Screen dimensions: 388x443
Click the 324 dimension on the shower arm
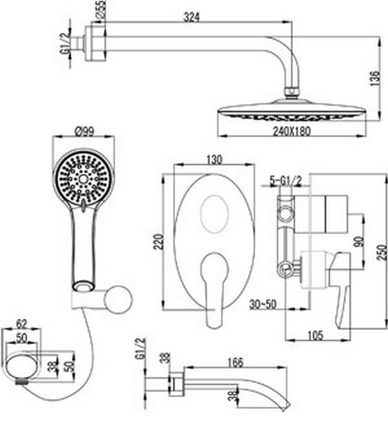click(x=191, y=17)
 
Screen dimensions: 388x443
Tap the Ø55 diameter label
click(x=101, y=10)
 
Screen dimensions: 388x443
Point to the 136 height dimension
click(x=375, y=78)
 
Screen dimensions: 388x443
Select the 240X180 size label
click(x=292, y=131)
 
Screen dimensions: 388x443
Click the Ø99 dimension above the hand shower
click(x=84, y=131)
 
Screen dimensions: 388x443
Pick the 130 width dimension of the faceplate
click(x=214, y=160)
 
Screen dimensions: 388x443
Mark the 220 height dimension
click(x=158, y=241)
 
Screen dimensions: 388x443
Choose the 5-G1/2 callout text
click(x=285, y=181)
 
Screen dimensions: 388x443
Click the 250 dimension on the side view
click(x=382, y=253)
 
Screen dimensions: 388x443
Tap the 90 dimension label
click(x=359, y=241)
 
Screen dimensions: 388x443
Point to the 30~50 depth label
click(x=262, y=304)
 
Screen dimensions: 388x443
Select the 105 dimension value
click(x=315, y=335)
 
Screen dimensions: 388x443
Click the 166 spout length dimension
click(x=235, y=362)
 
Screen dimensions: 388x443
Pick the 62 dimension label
click(x=21, y=324)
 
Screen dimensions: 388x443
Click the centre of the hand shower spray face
click(x=83, y=179)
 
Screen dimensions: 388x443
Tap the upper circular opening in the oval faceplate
click(x=214, y=214)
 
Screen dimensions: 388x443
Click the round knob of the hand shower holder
click(x=118, y=300)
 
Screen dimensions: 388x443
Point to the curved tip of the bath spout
click(x=285, y=406)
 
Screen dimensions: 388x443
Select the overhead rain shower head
click(x=293, y=110)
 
